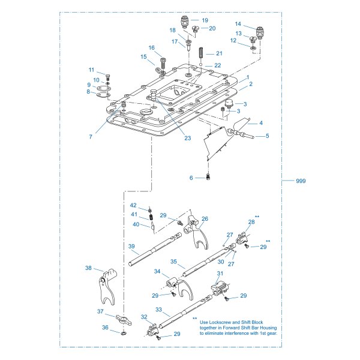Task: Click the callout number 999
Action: (301, 181)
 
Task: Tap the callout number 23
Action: (188, 138)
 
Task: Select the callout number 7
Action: (91, 137)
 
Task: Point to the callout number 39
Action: (131, 247)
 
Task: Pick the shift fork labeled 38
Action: (107, 287)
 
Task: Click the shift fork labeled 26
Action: (197, 232)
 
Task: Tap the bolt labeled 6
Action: (208, 177)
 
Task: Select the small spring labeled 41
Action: (151, 217)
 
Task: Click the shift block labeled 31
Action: (220, 288)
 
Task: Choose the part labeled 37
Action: (124, 320)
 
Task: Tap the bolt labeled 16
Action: (163, 64)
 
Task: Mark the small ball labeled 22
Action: (200, 65)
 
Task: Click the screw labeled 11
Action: (107, 77)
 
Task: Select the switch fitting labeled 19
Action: (184, 22)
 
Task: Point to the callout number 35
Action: (173, 262)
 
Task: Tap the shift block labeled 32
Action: (152, 329)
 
